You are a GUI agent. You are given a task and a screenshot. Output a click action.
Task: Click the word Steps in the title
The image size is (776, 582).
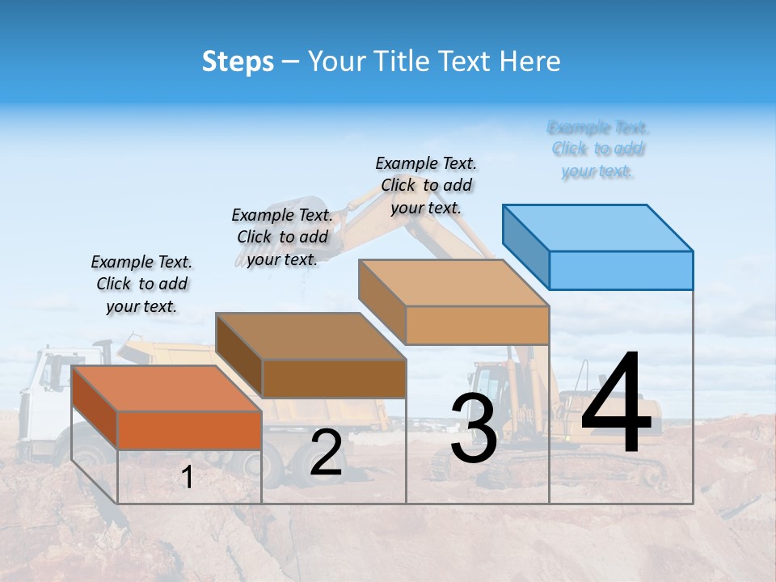[x=238, y=61]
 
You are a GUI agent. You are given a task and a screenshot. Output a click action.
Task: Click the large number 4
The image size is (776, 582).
[x=616, y=405]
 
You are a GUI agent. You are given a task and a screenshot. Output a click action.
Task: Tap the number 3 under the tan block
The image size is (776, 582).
[x=474, y=428]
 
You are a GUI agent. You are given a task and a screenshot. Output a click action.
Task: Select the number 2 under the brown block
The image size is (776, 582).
[x=326, y=453]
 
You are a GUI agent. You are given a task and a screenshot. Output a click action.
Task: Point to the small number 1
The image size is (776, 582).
[x=187, y=478]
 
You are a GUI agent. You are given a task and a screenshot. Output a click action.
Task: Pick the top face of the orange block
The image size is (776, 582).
[x=167, y=388]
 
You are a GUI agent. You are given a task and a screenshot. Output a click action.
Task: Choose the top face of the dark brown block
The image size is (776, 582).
[x=310, y=335]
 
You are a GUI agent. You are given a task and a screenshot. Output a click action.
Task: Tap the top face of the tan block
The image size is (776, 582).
[x=453, y=283]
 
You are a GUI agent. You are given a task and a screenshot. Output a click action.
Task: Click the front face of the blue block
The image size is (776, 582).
[x=621, y=270]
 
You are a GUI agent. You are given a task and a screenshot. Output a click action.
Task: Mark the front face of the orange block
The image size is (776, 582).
[x=189, y=430]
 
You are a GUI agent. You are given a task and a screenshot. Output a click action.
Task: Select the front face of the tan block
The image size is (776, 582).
[x=477, y=325]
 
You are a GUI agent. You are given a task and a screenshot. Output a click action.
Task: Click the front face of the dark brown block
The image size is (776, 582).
[x=334, y=378]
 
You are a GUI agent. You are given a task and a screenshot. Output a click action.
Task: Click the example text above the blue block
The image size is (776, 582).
[x=598, y=149]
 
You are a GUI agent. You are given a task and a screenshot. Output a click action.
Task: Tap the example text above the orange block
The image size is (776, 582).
[x=141, y=284]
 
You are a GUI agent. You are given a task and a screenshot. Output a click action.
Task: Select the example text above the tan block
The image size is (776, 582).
[x=426, y=185]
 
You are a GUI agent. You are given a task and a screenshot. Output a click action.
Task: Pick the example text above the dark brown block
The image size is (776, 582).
[x=282, y=237]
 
